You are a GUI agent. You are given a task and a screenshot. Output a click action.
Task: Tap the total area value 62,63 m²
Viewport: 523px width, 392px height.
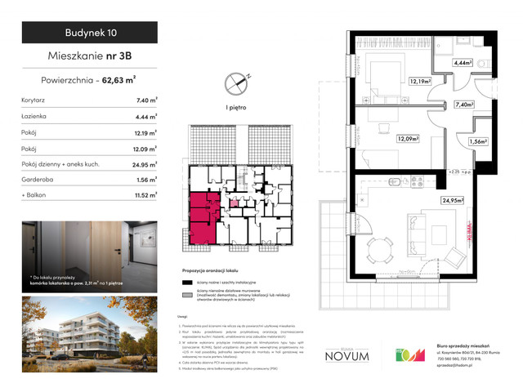coord(123,80)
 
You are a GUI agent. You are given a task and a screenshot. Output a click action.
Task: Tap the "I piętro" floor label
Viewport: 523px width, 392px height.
coord(239,106)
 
